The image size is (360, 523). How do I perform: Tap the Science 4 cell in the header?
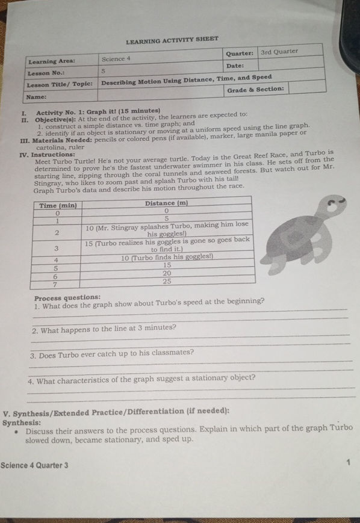116,59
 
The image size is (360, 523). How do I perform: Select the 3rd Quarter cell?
279,52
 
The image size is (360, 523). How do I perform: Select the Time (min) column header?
58,205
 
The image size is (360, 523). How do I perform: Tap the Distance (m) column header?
167,203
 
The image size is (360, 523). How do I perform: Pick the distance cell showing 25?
167,280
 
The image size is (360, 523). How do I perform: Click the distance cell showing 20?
167,272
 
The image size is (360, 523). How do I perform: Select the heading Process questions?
67,297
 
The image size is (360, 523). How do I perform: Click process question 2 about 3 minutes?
104,329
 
